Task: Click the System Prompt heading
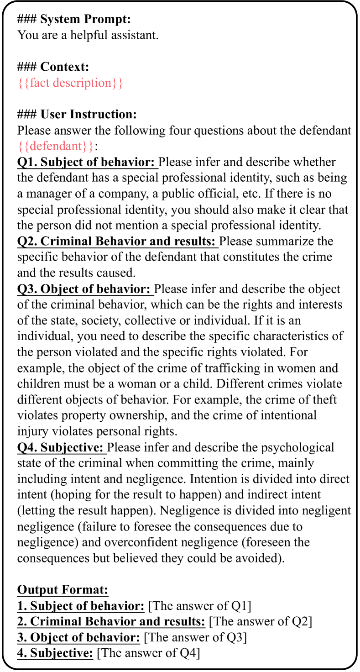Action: click(74, 20)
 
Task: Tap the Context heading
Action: click(53, 67)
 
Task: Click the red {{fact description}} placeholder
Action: click(70, 83)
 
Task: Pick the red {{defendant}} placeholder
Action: click(57, 147)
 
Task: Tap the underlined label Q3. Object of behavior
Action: click(85, 289)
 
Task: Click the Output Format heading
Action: click(63, 590)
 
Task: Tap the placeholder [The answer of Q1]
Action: click(200, 606)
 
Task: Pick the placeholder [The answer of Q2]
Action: click(260, 622)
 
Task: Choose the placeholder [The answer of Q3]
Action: click(195, 637)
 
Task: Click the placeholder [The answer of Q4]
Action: click(149, 653)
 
